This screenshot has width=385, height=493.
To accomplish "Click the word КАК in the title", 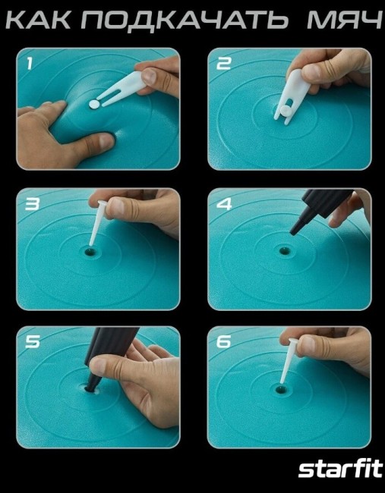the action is (x=39, y=20).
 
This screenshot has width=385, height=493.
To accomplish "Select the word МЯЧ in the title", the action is (x=345, y=20).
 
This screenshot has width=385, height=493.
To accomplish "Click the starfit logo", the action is (x=340, y=469).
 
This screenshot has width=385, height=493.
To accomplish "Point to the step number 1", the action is (x=30, y=64).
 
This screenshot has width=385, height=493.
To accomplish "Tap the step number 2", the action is (x=223, y=64).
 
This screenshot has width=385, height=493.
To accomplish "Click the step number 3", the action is (x=33, y=204).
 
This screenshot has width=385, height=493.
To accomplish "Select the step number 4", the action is (x=224, y=204).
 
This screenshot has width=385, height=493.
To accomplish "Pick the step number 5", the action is (x=33, y=342).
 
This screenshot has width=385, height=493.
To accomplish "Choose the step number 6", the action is (x=224, y=342).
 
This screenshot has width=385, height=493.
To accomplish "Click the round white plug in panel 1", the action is (x=93, y=105).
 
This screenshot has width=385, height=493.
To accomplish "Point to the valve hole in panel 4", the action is (x=285, y=251).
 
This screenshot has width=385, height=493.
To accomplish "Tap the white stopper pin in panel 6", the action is (x=288, y=361).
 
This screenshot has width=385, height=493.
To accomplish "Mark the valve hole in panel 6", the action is (x=280, y=390).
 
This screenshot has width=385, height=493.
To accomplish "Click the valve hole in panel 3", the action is (x=90, y=252).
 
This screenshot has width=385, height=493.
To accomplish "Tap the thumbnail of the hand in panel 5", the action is (x=99, y=365).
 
